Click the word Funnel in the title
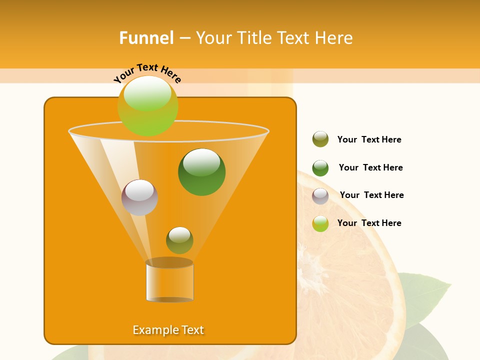coord(146,38)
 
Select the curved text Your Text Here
coord(147,72)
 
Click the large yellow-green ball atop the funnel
coord(147,106)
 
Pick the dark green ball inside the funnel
coord(201,172)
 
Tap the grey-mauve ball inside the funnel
coord(139,197)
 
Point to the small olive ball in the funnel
coord(179,240)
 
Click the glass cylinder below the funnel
coord(169,281)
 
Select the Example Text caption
coord(168,330)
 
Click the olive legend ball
coord(320,139)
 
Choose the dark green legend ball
coord(320,168)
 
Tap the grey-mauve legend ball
coord(320,196)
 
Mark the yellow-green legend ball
coord(320,223)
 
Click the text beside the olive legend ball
coord(369,139)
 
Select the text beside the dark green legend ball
coord(370,167)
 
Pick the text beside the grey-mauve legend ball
coord(371,195)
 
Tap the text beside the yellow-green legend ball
coord(369,223)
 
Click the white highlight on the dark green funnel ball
coord(201,161)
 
